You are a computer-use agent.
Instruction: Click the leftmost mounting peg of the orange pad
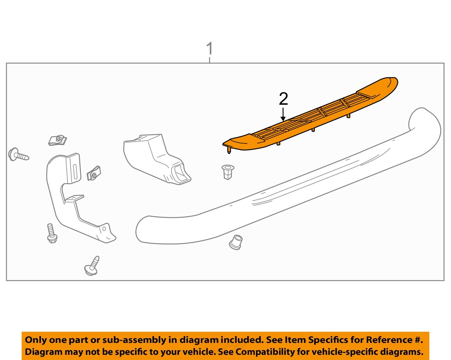229,150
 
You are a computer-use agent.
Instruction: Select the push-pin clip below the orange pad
228,172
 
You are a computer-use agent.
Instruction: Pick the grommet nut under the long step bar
236,242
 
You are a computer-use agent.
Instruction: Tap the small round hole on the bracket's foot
104,229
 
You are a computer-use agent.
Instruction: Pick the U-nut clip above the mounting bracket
57,140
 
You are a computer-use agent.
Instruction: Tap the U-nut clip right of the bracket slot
94,174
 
